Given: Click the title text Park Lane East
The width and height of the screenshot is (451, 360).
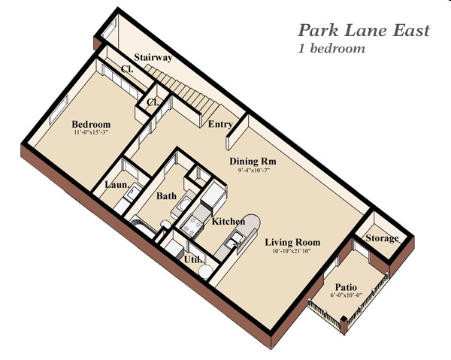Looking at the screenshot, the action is (x=364, y=31).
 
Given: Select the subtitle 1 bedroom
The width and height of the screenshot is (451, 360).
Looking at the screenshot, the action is (x=331, y=48).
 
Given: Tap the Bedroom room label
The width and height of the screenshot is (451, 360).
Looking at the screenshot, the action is (x=91, y=124).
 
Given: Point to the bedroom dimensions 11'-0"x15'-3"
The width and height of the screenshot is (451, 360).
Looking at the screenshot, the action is (x=91, y=132).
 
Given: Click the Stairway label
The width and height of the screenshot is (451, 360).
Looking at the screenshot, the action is (x=153, y=58).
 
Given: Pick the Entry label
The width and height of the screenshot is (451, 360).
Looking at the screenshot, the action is (x=220, y=124).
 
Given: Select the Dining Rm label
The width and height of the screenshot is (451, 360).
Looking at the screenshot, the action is (x=253, y=161).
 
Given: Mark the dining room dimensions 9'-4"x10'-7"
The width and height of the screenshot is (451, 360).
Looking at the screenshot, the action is (x=253, y=170).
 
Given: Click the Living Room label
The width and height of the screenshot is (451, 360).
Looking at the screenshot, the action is (x=292, y=243).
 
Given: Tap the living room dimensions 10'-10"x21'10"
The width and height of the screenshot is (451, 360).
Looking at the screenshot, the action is (x=292, y=251).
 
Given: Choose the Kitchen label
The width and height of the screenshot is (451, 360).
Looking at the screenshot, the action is (x=229, y=222).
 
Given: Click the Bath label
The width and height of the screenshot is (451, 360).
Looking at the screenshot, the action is (x=166, y=196).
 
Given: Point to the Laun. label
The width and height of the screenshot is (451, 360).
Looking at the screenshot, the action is (x=117, y=184).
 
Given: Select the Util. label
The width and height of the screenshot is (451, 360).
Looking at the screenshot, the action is (x=193, y=259).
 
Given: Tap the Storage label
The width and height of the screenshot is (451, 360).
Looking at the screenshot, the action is (x=383, y=238).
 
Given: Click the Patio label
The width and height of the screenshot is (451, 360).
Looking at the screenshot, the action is (x=346, y=287).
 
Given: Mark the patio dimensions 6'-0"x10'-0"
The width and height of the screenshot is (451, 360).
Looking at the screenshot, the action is (x=346, y=295).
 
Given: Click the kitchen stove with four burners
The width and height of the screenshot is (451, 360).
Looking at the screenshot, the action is (x=192, y=225).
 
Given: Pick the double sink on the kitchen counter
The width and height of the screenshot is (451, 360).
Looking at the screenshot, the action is (x=235, y=241).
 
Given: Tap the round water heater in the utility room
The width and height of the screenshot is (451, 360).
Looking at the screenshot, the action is (x=205, y=272).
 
